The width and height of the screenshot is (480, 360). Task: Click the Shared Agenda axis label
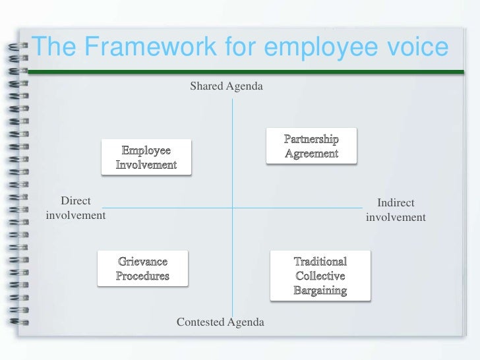click(227, 86)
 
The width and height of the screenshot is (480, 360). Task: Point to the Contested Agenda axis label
click(220, 322)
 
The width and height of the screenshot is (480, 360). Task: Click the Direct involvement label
click(76, 208)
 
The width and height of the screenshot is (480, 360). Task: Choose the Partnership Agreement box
click(311, 146)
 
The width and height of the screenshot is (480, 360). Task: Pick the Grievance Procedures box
click(142, 268)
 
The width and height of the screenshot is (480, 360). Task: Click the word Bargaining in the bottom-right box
click(320, 290)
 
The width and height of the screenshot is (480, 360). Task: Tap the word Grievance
click(142, 262)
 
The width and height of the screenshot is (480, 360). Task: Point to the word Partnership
click(311, 140)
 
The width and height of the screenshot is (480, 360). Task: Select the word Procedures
click(142, 276)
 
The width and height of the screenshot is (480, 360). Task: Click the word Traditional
click(320, 262)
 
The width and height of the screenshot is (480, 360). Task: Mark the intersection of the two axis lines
click(232, 208)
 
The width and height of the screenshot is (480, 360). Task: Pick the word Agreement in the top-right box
click(311, 154)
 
